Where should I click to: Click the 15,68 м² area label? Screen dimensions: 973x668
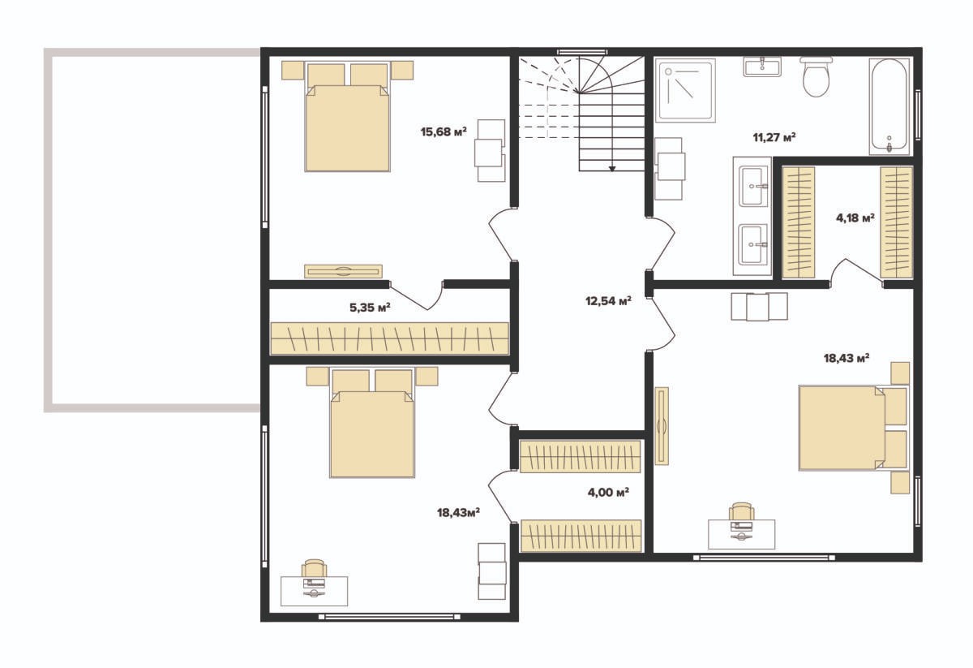click(x=444, y=131)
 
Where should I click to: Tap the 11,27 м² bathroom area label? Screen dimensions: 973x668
click(x=774, y=137)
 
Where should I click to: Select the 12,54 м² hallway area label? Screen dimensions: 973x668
click(x=608, y=300)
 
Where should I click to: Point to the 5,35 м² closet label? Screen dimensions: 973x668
click(x=370, y=308)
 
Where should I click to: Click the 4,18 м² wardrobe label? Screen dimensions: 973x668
click(x=855, y=218)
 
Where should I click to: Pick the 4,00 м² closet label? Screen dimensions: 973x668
click(x=608, y=493)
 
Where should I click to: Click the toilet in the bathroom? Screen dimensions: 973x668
click(x=817, y=76)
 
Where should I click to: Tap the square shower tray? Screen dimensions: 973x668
click(x=685, y=90)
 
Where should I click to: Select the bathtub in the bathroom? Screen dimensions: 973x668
click(x=889, y=106)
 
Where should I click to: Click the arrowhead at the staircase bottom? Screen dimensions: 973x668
click(x=612, y=168)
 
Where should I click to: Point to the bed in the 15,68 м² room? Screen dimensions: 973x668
click(x=347, y=117)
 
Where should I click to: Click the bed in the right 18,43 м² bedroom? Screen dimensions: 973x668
click(x=854, y=428)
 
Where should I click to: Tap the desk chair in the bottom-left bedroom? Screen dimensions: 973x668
click(x=314, y=567)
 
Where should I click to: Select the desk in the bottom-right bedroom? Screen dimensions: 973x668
click(x=741, y=533)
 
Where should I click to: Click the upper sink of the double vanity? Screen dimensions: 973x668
click(x=751, y=187)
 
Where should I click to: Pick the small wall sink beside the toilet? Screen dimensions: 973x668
click(x=762, y=67)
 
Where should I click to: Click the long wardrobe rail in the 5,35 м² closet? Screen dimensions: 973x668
click(x=390, y=338)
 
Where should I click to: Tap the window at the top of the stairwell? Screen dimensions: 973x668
click(x=581, y=52)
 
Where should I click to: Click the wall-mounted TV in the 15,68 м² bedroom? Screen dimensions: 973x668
click(x=343, y=271)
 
